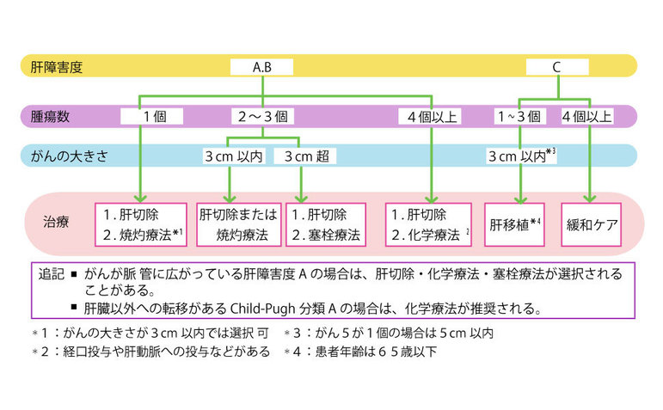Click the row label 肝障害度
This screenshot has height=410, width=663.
tap(55, 66)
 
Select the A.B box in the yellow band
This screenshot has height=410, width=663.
tap(261, 66)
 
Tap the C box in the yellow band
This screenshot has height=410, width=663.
tap(556, 66)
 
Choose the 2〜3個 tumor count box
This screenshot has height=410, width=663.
tap(263, 115)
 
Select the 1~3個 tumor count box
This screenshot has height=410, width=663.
tap(519, 115)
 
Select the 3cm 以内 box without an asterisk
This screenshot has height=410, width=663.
tap(234, 156)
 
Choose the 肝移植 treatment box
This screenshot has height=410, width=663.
tap(516, 225)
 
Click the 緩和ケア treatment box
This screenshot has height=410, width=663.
tap(591, 225)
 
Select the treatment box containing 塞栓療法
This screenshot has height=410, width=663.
tap(327, 225)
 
